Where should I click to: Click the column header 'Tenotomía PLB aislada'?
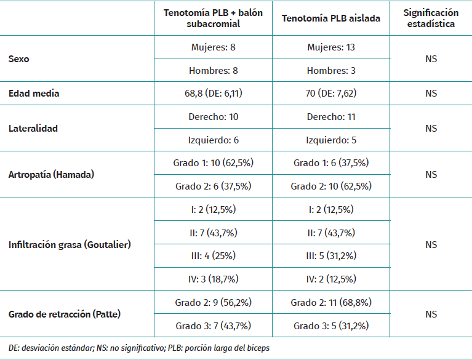[x=331, y=18]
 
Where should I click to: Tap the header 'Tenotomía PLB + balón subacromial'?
[x=214, y=18]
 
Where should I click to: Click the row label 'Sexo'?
[x=19, y=59]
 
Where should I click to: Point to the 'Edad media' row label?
[x=34, y=94]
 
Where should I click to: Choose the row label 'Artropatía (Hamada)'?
[x=51, y=175]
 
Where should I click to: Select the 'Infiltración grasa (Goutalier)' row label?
[x=70, y=244]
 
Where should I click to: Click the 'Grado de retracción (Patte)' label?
[x=64, y=314]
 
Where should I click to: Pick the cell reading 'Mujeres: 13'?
[x=331, y=47]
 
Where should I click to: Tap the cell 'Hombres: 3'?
[x=331, y=71]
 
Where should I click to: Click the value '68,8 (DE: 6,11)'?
[x=214, y=94]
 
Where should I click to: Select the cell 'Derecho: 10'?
[x=214, y=117]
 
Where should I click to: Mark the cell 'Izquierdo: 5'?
[x=331, y=140]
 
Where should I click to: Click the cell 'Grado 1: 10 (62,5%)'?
[x=214, y=163]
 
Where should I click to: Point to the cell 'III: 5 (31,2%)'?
[x=331, y=256]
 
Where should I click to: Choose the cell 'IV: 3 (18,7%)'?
[x=214, y=279]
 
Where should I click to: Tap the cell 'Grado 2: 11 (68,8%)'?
[x=331, y=303]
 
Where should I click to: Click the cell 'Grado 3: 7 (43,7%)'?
[x=214, y=326]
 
